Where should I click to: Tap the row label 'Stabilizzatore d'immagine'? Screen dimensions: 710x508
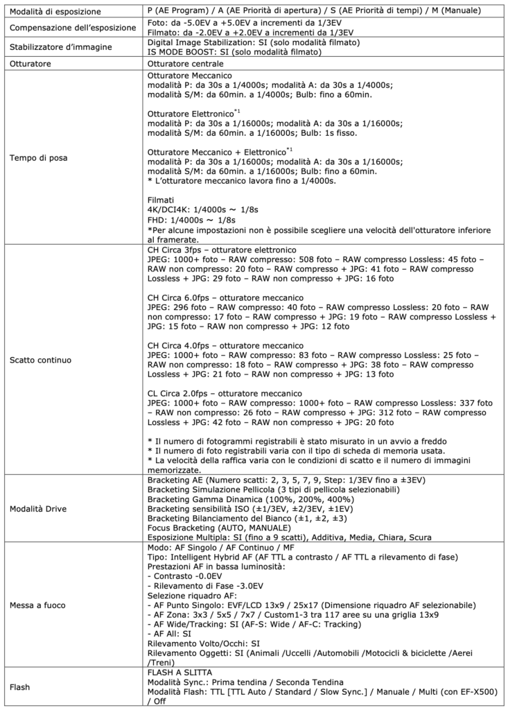tap(58, 48)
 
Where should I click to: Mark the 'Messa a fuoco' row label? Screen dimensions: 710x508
tap(40, 605)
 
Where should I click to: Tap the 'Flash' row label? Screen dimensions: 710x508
tap(21, 687)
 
